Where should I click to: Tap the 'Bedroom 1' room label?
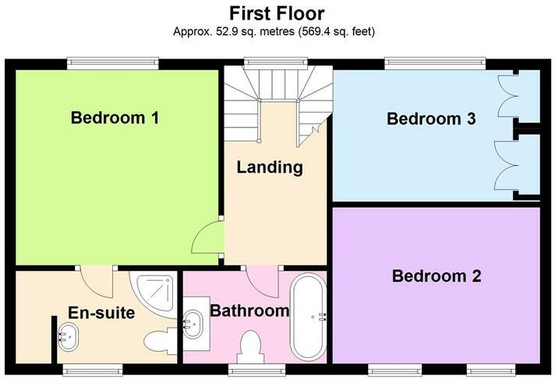pos(115,118)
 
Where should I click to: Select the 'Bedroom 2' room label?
pos(436,275)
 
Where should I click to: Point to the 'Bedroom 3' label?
pos(431,119)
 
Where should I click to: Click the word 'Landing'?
pos(270,167)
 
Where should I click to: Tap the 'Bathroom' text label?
pos(249,311)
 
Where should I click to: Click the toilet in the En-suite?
pos(161,342)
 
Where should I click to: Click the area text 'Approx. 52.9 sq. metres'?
pos(234,33)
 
